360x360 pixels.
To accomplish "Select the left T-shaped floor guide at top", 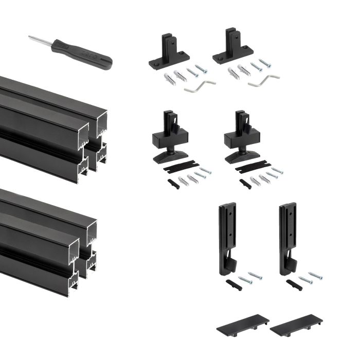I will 169,52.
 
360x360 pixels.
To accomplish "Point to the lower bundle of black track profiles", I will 49,239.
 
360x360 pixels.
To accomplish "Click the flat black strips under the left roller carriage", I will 180,168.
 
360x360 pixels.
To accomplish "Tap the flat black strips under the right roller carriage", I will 252,168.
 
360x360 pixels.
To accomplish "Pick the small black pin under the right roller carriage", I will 245,183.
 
